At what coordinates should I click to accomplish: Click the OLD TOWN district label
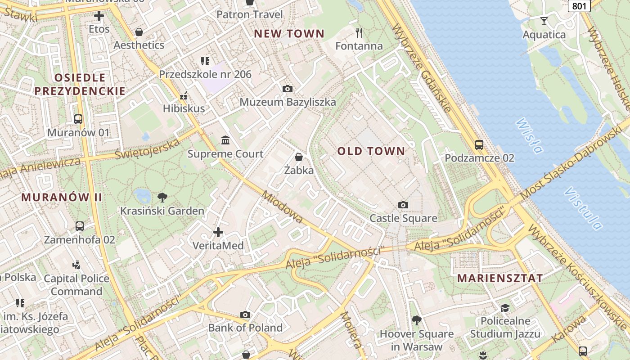[371, 151]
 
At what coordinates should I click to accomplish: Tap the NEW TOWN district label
[289, 34]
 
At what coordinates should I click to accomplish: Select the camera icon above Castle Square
[403, 205]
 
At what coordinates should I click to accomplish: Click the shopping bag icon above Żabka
[298, 157]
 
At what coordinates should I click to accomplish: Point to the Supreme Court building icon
[225, 140]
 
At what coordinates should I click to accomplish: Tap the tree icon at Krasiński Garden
[162, 197]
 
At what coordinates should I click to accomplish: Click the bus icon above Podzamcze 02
[479, 145]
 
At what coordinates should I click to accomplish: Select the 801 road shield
[579, 6]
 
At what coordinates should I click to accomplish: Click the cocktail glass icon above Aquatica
[544, 21]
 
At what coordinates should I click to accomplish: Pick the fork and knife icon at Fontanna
[359, 32]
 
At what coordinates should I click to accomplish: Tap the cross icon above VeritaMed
[218, 232]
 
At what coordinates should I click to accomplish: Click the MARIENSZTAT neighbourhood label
[500, 278]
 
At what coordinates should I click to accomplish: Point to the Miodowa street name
[282, 207]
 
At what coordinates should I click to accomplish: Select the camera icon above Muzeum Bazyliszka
[288, 89]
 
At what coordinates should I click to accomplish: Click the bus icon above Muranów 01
[78, 119]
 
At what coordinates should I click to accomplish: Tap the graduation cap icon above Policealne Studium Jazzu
[505, 308]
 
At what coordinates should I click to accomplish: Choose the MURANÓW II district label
[62, 198]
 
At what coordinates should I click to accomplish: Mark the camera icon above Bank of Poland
[245, 315]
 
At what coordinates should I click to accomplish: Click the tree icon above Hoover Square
[417, 320]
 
